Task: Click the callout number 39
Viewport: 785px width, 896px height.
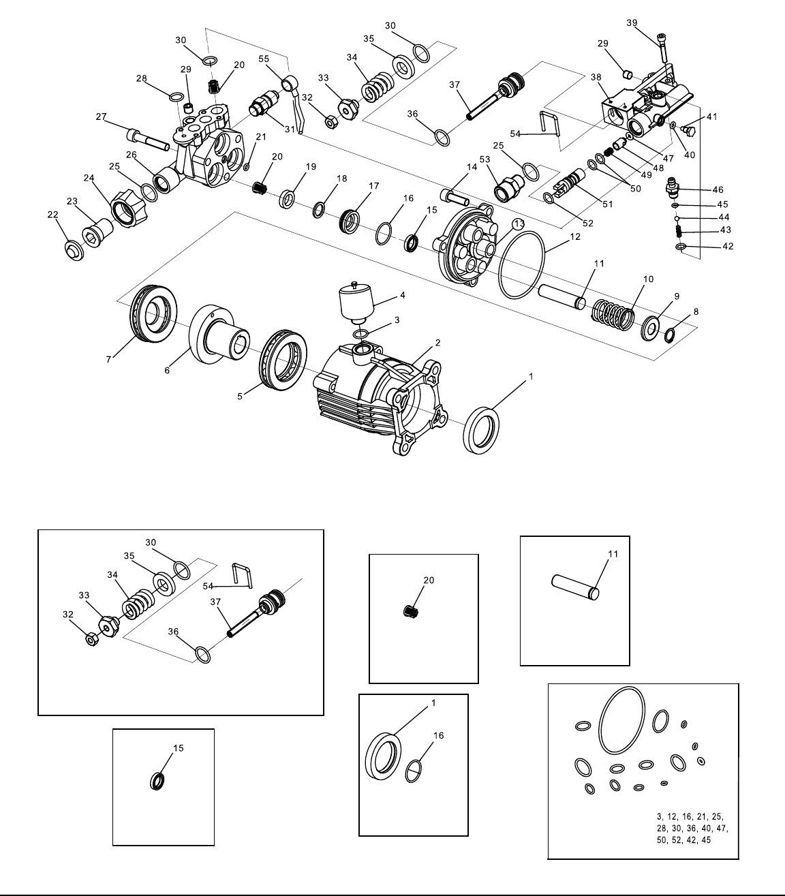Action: pyautogui.click(x=632, y=22)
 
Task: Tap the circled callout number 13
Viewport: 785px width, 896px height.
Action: pyautogui.click(x=519, y=223)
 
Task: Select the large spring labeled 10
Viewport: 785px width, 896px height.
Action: pyautogui.click(x=613, y=314)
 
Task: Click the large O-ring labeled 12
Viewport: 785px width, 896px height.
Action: pyautogui.click(x=521, y=264)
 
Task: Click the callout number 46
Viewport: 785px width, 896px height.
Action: pyautogui.click(x=718, y=189)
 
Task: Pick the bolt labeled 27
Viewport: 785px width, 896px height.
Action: pyautogui.click(x=148, y=140)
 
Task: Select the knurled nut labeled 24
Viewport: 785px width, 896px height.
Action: pyautogui.click(x=128, y=207)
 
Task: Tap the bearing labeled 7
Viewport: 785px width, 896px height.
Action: pyautogui.click(x=153, y=313)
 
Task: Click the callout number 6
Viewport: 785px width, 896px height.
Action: pyautogui.click(x=167, y=370)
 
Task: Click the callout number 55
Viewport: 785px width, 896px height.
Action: pyautogui.click(x=264, y=59)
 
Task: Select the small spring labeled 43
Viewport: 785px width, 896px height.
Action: pyautogui.click(x=679, y=231)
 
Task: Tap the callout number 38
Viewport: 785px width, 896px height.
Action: pyautogui.click(x=596, y=77)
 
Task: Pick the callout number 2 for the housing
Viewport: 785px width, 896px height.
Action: pyautogui.click(x=438, y=342)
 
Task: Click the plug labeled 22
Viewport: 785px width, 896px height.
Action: pyautogui.click(x=74, y=250)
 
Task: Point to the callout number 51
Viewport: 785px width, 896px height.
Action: pyautogui.click(x=608, y=204)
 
